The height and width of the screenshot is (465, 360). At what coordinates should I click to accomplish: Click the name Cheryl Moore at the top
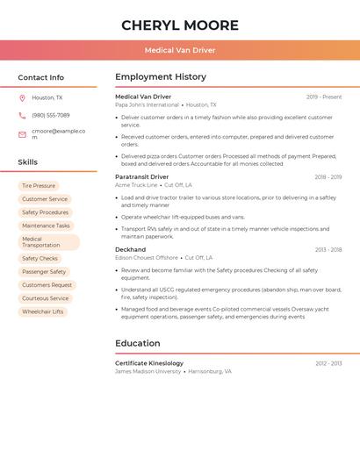(180, 25)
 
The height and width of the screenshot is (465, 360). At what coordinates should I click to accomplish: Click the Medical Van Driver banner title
(180, 50)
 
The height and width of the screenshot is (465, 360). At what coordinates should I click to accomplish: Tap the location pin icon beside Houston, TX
(22, 97)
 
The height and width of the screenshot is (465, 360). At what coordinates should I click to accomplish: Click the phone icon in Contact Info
(22, 115)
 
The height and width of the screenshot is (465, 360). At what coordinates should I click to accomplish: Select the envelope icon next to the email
(22, 134)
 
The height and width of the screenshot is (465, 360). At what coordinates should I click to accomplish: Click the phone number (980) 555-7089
(50, 115)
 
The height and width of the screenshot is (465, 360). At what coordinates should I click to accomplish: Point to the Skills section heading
(28, 162)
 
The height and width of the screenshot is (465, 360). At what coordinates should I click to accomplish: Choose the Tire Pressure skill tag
(39, 186)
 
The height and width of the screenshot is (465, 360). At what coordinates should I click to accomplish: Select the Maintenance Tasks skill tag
(46, 225)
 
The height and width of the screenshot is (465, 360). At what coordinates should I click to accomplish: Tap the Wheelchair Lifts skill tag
(43, 311)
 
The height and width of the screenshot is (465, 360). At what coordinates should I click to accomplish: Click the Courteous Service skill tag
(46, 298)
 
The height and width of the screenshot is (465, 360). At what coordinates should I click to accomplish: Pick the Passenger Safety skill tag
(44, 272)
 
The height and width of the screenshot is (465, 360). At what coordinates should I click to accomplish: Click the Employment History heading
(161, 77)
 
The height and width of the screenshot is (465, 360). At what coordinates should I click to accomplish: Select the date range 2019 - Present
(324, 97)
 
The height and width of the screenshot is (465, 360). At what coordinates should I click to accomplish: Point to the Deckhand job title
(131, 249)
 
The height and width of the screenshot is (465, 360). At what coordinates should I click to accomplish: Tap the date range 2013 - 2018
(328, 249)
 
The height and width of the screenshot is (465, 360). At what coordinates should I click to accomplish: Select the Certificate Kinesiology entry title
(149, 363)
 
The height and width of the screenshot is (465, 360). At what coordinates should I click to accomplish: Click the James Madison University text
(147, 371)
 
